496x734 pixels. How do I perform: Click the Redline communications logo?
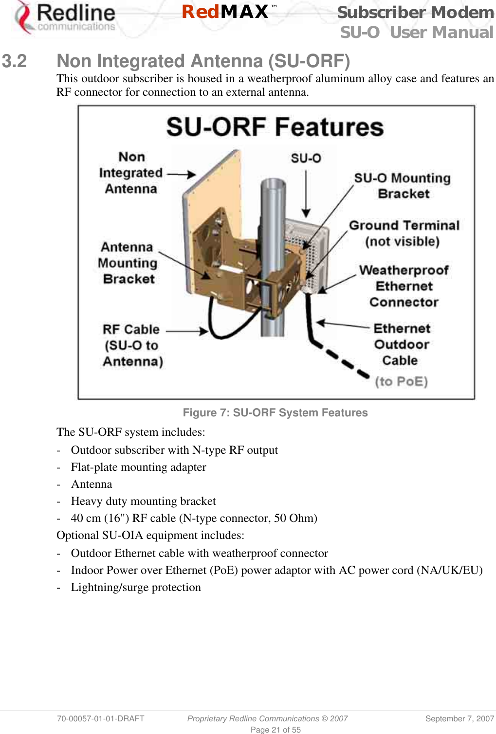click(66, 18)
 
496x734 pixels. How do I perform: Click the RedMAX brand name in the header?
click(226, 12)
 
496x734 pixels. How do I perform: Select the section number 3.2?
click(14, 61)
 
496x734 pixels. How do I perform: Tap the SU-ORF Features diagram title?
click(275, 127)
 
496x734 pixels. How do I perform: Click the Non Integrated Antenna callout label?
click(131, 173)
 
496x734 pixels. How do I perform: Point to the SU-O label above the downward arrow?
click(306, 158)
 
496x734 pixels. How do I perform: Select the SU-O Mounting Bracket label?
click(403, 186)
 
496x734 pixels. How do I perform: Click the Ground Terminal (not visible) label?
click(404, 233)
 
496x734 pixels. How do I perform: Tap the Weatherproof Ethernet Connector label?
click(404, 286)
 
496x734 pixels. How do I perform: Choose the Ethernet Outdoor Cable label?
click(402, 344)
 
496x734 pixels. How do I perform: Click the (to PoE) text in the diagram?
click(401, 381)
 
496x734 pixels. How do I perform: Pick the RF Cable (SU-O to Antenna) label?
click(132, 345)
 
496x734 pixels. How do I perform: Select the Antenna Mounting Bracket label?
click(128, 263)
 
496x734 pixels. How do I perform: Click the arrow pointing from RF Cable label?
click(187, 331)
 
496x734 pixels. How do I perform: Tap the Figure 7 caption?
click(275, 412)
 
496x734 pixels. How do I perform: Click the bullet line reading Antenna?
click(92, 484)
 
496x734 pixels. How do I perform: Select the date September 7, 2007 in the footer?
click(459, 718)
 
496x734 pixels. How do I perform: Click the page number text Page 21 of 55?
click(276, 730)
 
